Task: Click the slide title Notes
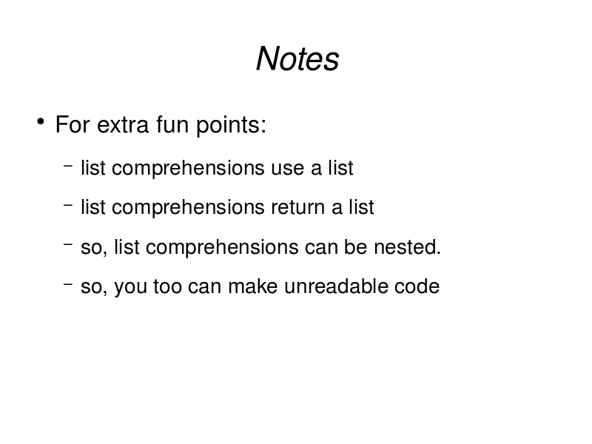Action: tap(297, 58)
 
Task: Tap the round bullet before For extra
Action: tap(41, 121)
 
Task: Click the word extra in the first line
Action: tap(123, 124)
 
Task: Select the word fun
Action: tap(172, 124)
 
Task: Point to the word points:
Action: tap(231, 125)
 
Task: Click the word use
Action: tap(287, 169)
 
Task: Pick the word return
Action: tap(297, 207)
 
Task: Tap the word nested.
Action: tap(408, 247)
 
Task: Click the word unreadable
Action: tap(336, 286)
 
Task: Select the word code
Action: tap(417, 286)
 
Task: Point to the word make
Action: tap(253, 286)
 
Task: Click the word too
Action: tap(168, 286)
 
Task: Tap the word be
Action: tap(355, 247)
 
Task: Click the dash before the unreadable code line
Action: tap(68, 283)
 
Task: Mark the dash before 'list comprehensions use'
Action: tap(68, 165)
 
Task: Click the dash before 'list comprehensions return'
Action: tap(68, 205)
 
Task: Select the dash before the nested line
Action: tap(68, 244)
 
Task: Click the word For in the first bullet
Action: tap(73, 124)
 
